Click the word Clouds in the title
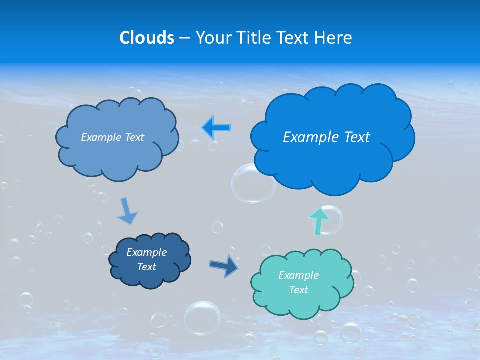pos(147,38)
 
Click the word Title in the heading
pos(255,38)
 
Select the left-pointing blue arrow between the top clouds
pos(216,128)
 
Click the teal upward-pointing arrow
pos(318,221)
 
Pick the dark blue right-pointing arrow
pos(224,265)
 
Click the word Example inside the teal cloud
pos(298,275)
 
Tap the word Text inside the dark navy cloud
pos(147,267)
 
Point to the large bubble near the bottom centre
pos(202,318)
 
